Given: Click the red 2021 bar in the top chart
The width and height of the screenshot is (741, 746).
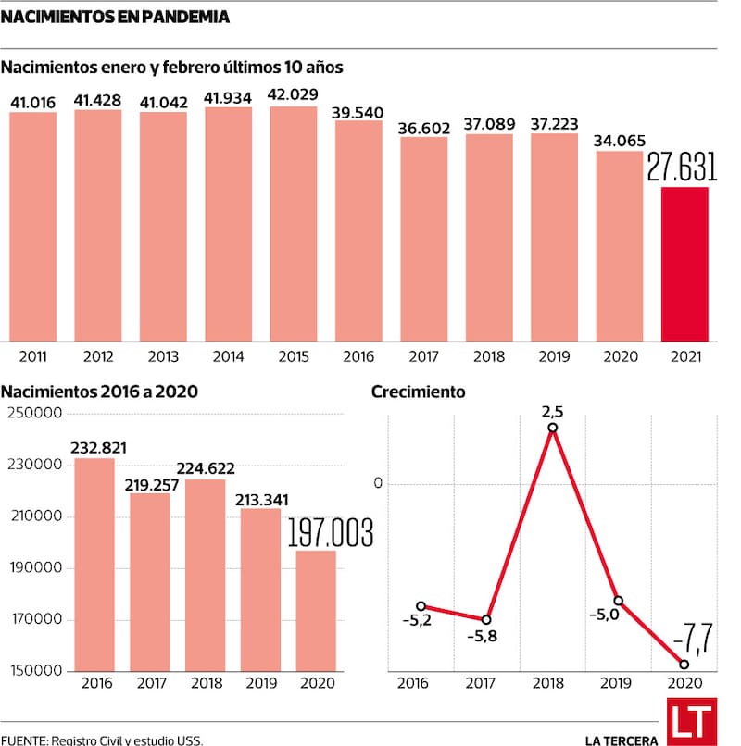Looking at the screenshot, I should (x=684, y=264).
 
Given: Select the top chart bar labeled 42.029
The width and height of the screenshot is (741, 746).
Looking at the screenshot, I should (x=294, y=223).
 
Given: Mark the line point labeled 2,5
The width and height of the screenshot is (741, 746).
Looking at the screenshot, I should (x=553, y=428).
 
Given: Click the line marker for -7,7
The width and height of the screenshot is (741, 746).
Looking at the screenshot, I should (x=684, y=665).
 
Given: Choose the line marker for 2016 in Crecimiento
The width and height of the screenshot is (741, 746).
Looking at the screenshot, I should (x=421, y=606).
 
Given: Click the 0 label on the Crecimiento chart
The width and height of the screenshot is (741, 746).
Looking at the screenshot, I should (x=377, y=483).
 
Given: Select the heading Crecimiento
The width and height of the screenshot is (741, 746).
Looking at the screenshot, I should (x=418, y=392).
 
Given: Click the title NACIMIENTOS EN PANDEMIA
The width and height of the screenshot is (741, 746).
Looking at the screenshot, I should (x=116, y=18).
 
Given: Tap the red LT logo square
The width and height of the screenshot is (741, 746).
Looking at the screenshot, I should (x=692, y=721).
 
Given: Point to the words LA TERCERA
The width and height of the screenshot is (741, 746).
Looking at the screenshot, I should (x=622, y=739).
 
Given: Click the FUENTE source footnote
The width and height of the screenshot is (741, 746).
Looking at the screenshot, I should (x=101, y=740).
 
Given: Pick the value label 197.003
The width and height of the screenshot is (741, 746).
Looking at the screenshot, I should (x=330, y=533).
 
